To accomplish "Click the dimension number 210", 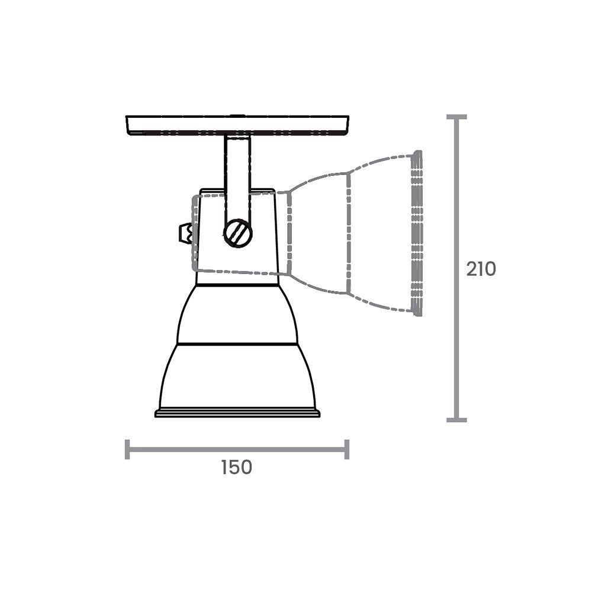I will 480,269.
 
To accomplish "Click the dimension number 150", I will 237,467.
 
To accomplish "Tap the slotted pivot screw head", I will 238,233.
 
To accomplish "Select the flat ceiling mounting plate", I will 237,125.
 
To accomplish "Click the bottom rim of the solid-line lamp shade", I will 237,412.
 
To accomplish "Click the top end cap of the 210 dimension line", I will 456,117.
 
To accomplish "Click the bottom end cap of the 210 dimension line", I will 456,420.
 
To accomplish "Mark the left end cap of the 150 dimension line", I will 127,449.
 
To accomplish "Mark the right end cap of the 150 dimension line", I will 347,449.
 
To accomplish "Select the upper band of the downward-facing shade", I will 237,314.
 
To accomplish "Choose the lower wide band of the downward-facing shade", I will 237,376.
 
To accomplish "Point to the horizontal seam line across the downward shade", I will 237,343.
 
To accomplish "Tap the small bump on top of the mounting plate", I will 237,115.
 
